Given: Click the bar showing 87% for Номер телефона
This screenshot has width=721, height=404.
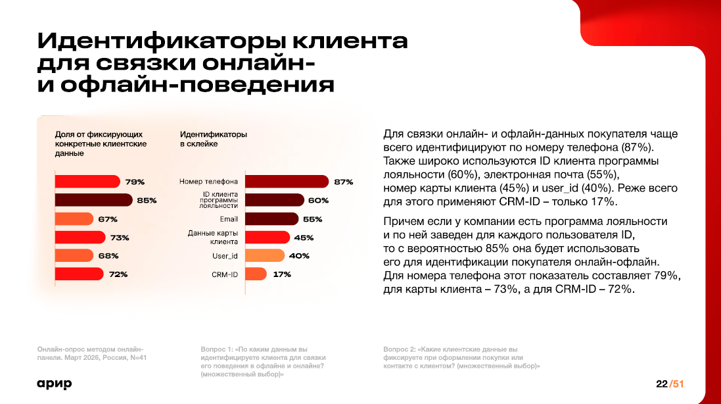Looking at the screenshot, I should click(x=287, y=182).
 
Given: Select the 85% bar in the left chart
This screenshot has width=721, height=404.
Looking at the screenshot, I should click(x=93, y=200).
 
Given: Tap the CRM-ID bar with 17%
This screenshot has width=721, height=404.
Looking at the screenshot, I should click(x=256, y=274).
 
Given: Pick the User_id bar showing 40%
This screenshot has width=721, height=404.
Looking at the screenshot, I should click(x=266, y=256).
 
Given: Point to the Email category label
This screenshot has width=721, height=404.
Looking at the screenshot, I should click(x=229, y=219).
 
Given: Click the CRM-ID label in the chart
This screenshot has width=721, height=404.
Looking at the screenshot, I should click(x=225, y=274).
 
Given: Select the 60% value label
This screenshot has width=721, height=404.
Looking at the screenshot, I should click(x=318, y=200).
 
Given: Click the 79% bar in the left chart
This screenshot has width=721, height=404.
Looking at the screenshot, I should click(x=87, y=182).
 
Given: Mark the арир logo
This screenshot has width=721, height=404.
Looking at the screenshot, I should click(x=54, y=384).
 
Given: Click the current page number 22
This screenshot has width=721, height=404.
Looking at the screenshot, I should click(x=661, y=384).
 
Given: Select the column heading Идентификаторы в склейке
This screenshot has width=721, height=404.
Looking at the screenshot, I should click(x=214, y=139).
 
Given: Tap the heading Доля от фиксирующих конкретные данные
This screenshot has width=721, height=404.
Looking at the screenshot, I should click(x=101, y=143).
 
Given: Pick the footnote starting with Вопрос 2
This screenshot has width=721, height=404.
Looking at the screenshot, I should click(x=461, y=357).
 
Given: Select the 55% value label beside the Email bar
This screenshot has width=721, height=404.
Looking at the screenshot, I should click(x=313, y=219).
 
